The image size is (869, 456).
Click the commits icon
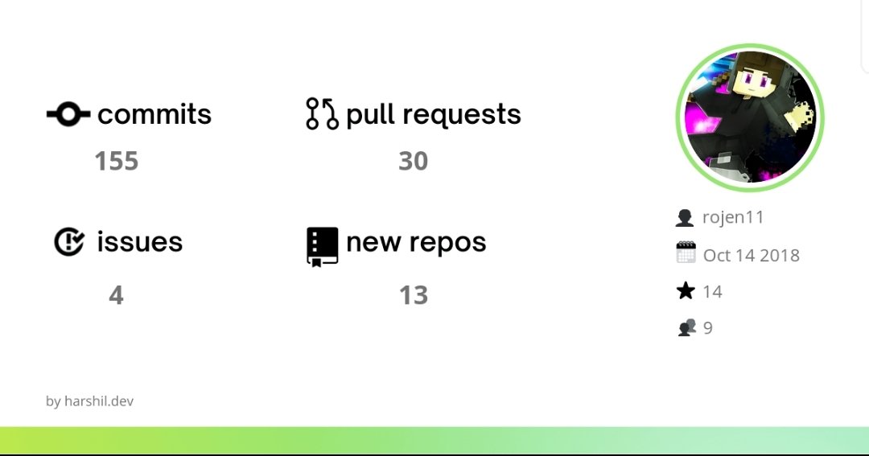tap(68, 115)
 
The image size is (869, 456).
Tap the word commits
tap(154, 115)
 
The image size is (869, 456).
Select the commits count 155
tap(117, 162)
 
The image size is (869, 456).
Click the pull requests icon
tap(322, 114)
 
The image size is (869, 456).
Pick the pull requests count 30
tap(413, 162)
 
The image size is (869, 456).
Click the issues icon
tap(69, 242)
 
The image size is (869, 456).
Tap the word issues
tap(140, 242)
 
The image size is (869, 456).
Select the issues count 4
tap(116, 296)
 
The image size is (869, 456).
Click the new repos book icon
tap(322, 246)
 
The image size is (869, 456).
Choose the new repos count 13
tap(414, 296)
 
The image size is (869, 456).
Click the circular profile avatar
tap(750, 117)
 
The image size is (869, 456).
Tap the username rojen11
tap(733, 217)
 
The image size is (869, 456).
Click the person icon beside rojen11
tap(685, 218)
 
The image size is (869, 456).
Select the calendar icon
tap(686, 253)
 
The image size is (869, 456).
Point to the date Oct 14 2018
tap(752, 256)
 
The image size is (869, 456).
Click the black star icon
tap(686, 291)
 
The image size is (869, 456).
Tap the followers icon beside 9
tap(686, 327)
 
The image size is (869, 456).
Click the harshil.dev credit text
tap(90, 401)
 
